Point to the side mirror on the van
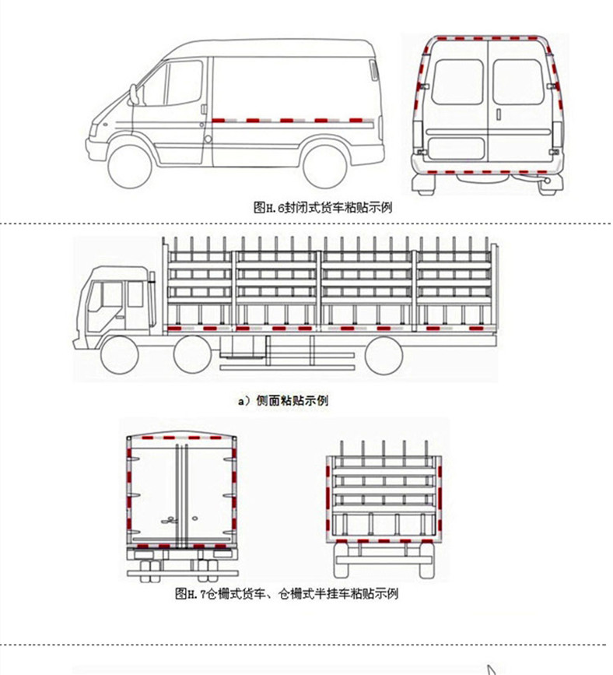(135, 95)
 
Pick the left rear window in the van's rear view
(457, 81)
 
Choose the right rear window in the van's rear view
(517, 81)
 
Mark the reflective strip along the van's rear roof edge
(487, 37)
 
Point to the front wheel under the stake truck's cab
(118, 356)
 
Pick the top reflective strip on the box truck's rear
(181, 438)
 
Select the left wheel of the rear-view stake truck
(344, 566)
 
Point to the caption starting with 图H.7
(287, 594)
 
